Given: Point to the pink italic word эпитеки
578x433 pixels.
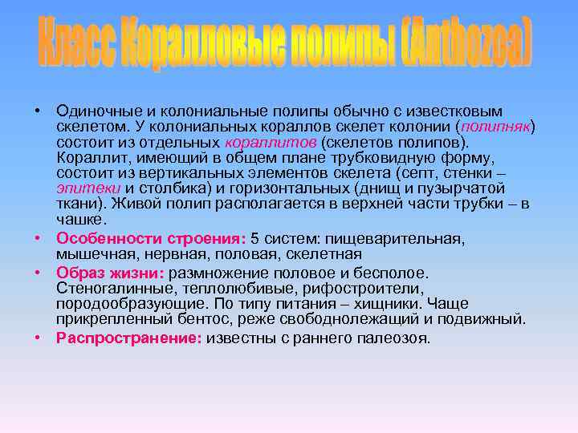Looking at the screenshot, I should tap(87, 188).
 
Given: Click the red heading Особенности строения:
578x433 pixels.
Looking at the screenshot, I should tap(152, 239).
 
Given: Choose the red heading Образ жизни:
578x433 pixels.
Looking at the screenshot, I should tap(111, 273).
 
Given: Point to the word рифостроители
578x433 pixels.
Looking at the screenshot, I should tap(367, 288).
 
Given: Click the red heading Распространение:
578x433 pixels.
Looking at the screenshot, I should tap(128, 338).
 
